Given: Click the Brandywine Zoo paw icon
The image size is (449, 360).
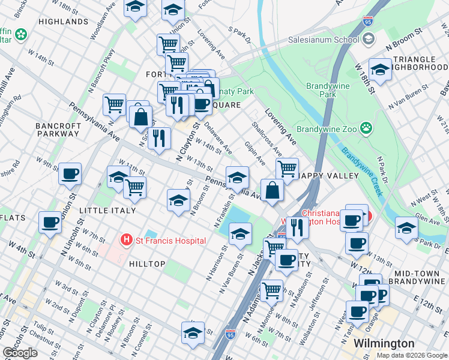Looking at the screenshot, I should coord(366,128).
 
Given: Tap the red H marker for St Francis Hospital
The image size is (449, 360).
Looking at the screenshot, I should coord(126,241).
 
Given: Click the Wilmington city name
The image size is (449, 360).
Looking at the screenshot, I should coord(384,343).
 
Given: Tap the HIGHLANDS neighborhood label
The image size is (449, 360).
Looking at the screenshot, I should coord(63,22).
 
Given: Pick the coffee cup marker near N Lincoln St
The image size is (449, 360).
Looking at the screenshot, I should coord(50,221).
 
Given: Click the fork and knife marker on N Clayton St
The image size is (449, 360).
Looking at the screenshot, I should coord(159,138).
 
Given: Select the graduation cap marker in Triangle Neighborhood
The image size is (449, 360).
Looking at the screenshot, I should coord(380,70).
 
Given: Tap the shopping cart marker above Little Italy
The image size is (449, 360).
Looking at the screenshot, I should coord(134,187).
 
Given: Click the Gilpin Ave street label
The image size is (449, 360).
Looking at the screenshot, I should coord(255,153).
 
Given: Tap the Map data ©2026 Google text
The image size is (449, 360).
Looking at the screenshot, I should coord(412,355).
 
